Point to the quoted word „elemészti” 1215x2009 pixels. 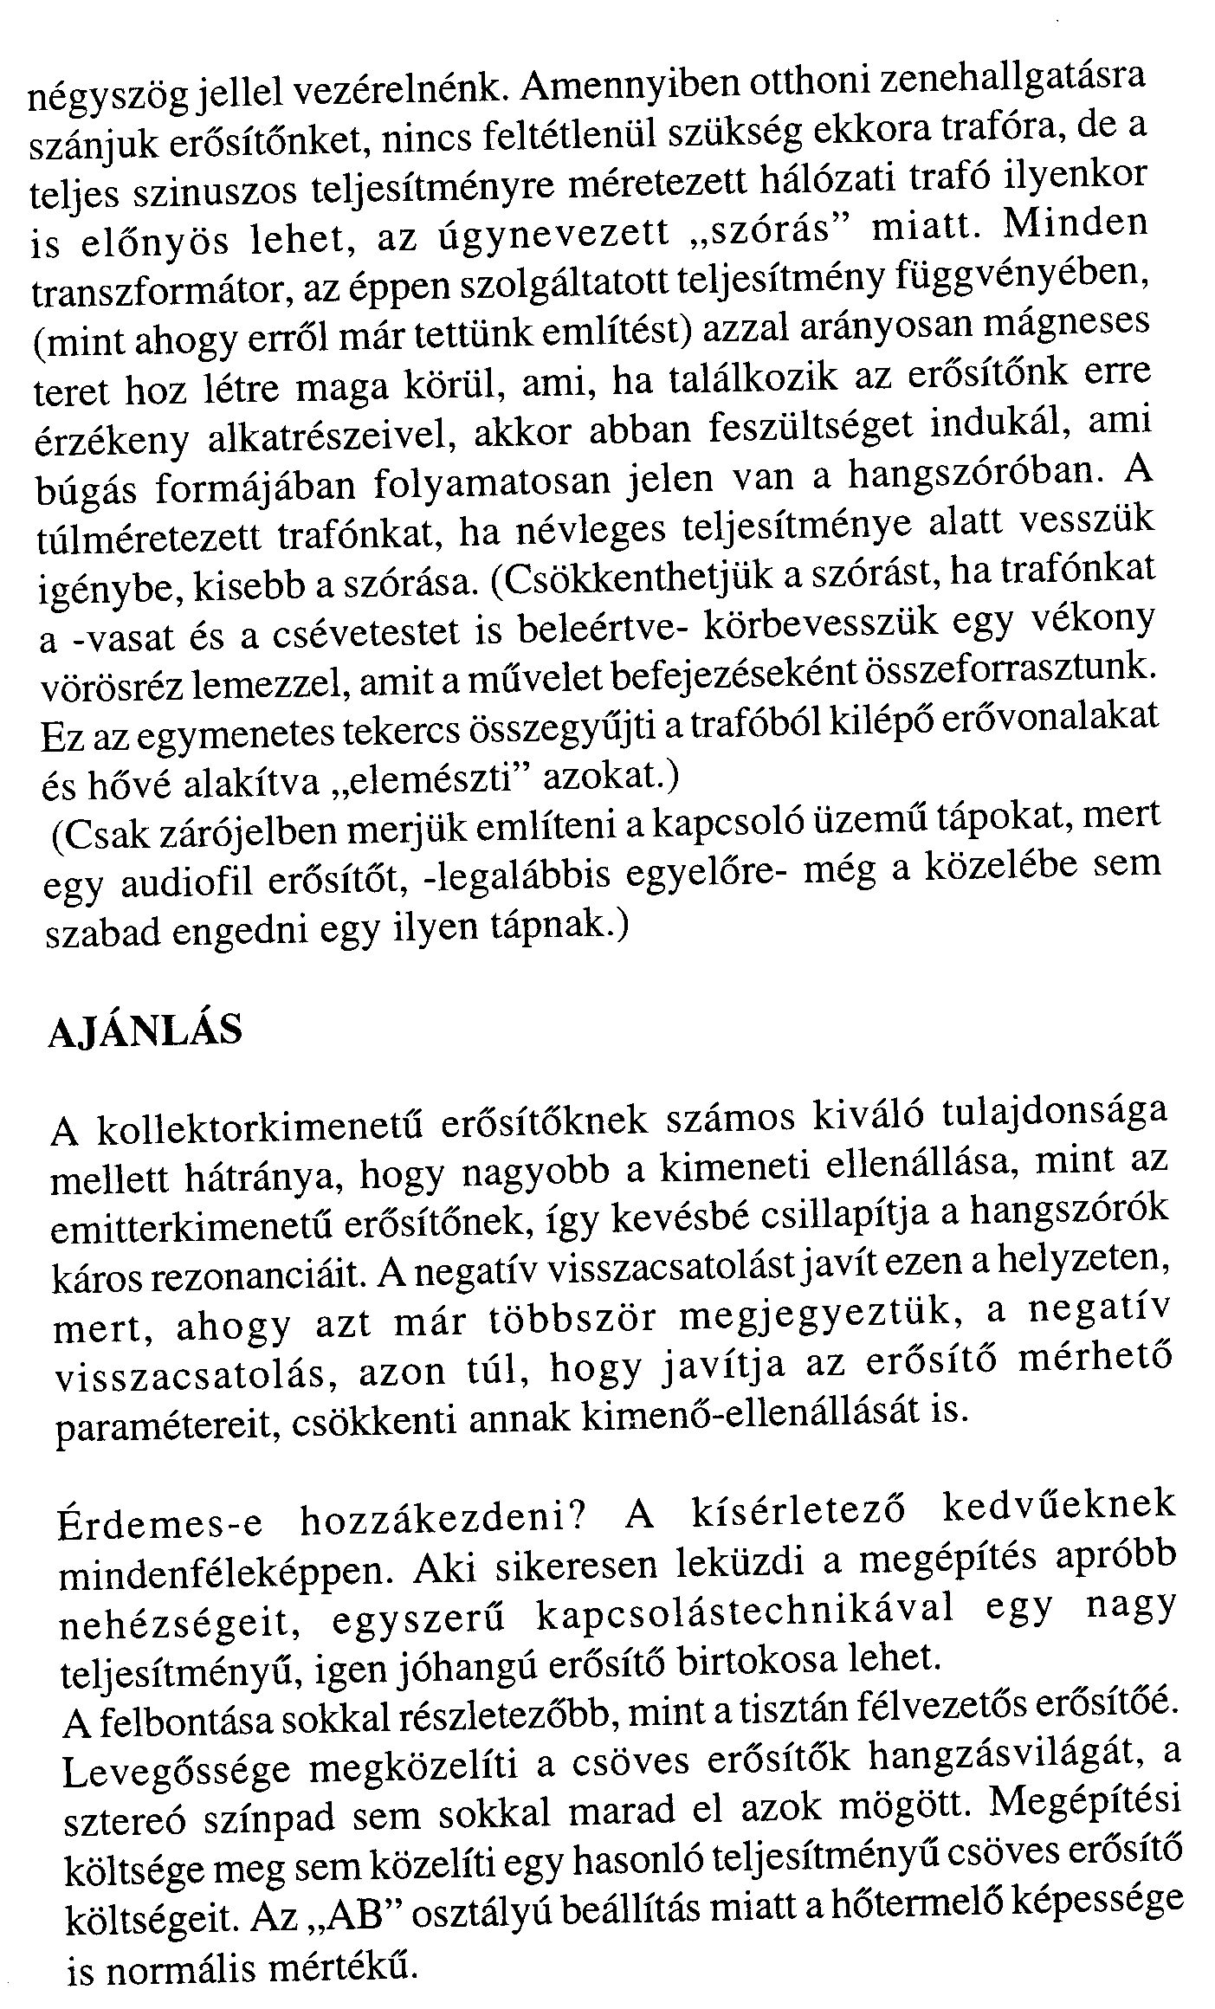coord(430,776)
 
